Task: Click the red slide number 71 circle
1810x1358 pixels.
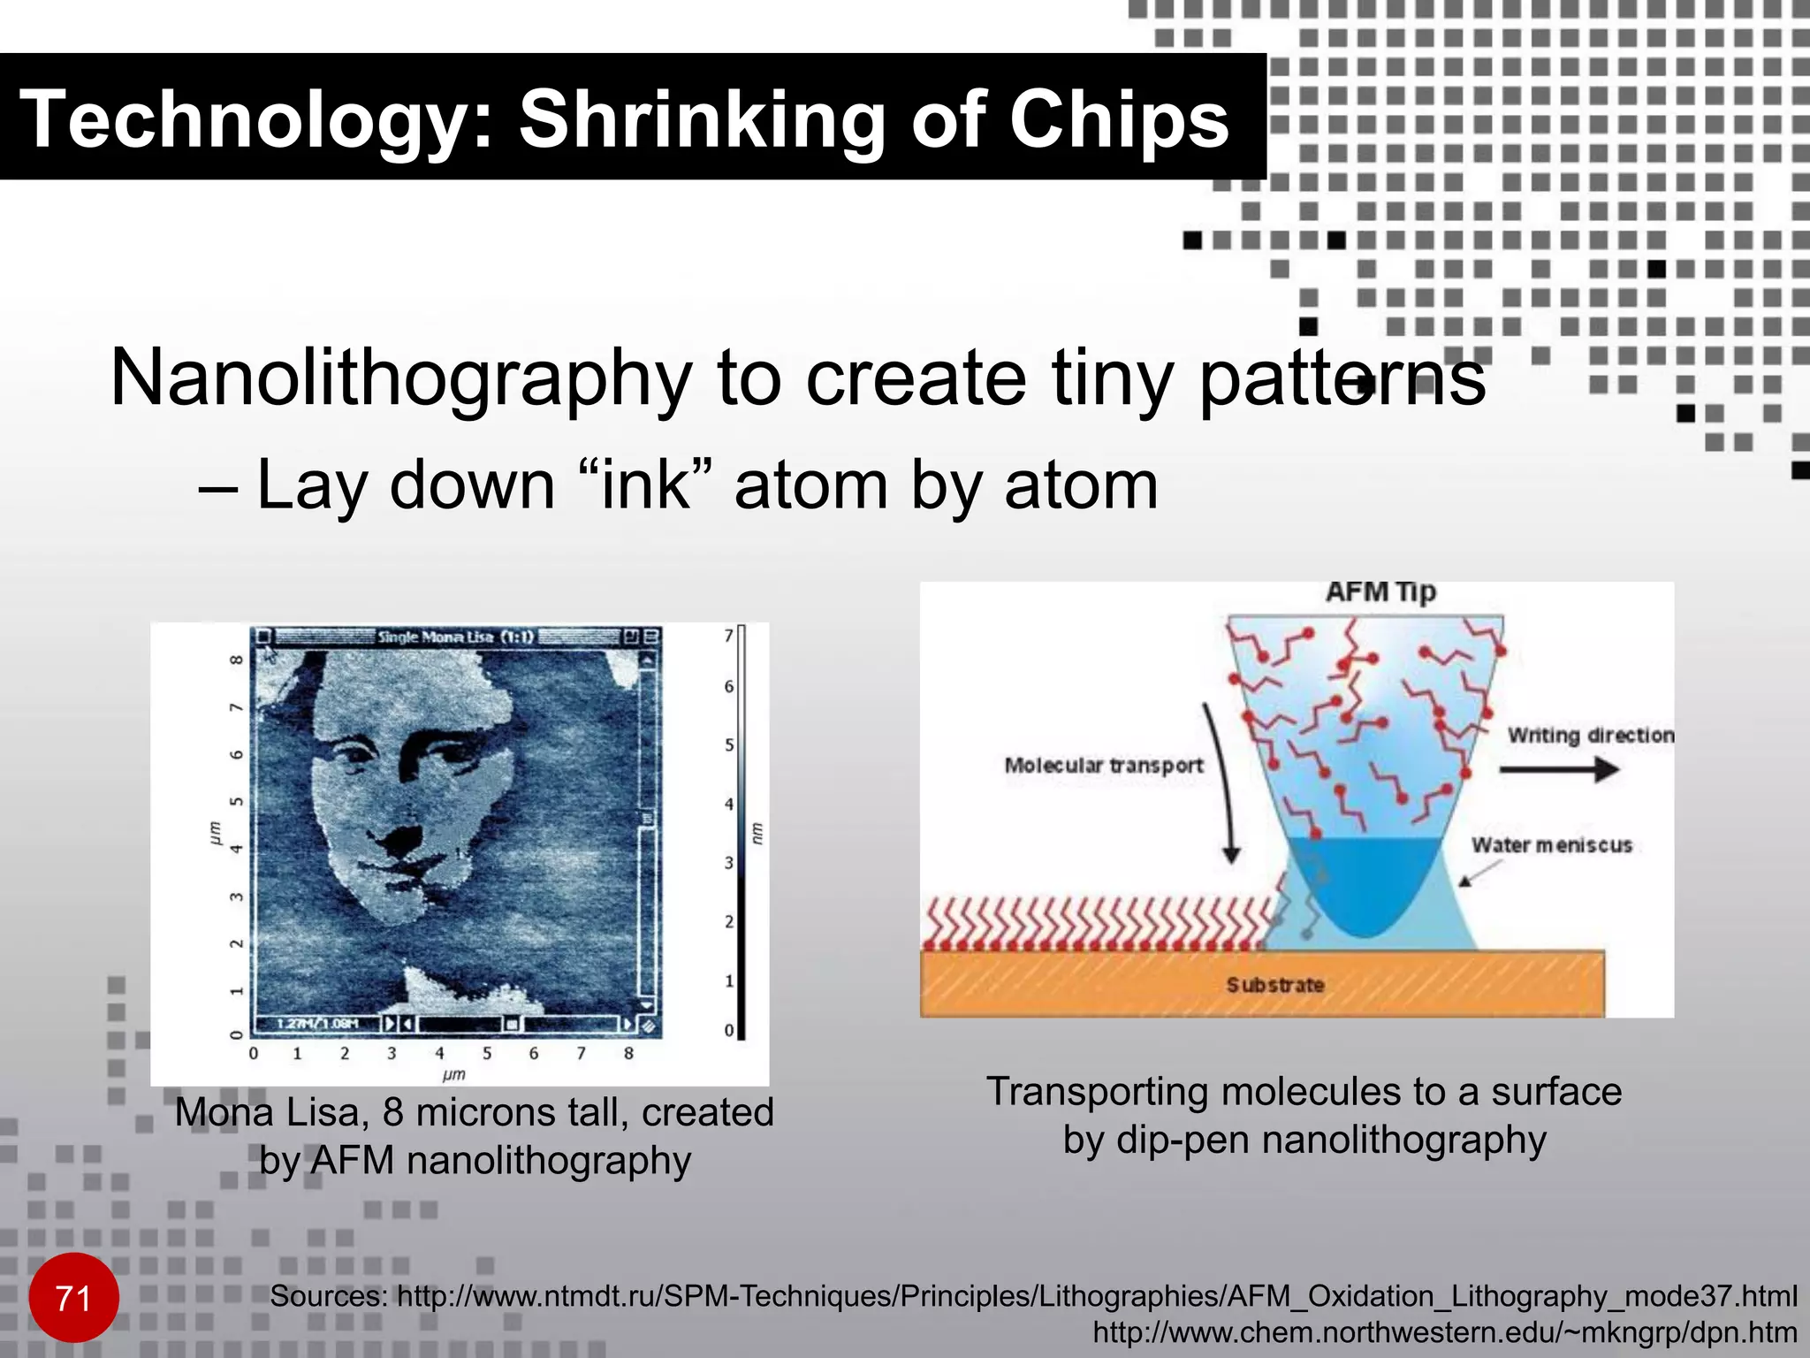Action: coord(73,1298)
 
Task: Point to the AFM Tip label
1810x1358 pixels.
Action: coord(1380,591)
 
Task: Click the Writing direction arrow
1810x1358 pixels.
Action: coord(1559,769)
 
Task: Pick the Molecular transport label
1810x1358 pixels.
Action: coord(1104,765)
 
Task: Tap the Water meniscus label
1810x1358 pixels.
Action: coord(1551,845)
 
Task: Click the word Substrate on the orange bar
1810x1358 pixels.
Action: coord(1274,985)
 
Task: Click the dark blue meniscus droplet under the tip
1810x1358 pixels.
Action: coord(1365,884)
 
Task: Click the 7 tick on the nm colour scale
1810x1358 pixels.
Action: coord(729,635)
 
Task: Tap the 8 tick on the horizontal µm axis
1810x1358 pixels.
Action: coord(628,1053)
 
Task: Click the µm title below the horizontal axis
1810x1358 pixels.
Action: coord(453,1074)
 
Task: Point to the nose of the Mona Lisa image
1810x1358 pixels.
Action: coord(402,835)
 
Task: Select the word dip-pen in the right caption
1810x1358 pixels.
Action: coord(1184,1140)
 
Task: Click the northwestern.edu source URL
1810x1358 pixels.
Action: coord(1445,1332)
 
